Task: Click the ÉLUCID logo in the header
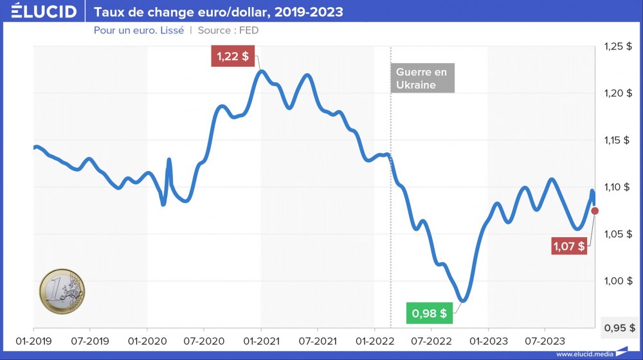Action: tap(44, 12)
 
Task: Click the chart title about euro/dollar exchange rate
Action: tap(219, 12)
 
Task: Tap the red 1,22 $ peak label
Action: tap(233, 57)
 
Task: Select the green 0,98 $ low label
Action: tap(429, 314)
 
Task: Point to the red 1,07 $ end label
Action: tap(569, 246)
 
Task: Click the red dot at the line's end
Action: tap(595, 211)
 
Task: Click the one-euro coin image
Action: tap(62, 292)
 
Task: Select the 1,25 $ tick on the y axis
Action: tap(618, 47)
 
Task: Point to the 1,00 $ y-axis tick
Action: tap(618, 281)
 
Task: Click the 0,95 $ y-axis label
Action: tap(618, 328)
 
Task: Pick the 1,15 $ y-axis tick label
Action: tap(618, 141)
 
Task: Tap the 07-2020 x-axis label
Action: tap(203, 339)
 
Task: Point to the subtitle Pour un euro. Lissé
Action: tap(139, 30)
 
